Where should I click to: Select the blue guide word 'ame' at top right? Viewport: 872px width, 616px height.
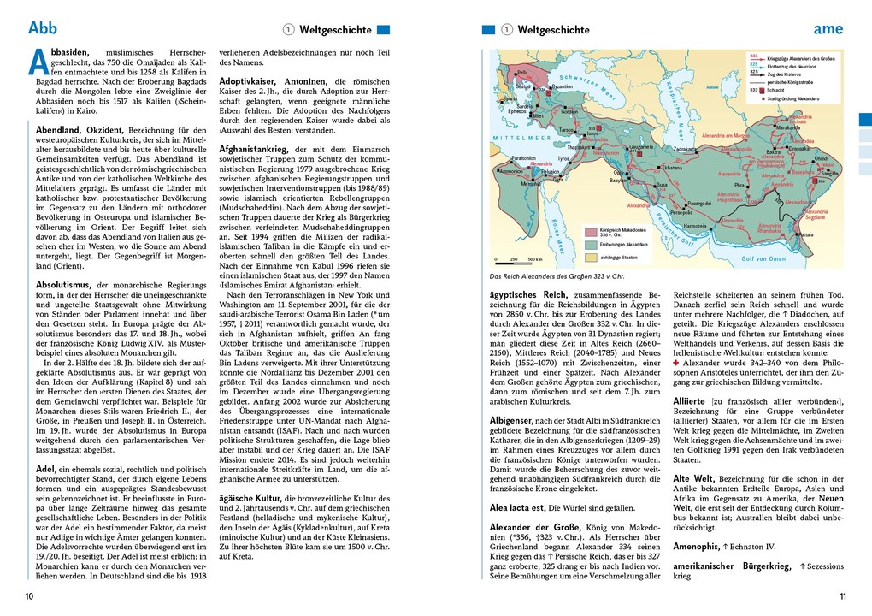(827, 28)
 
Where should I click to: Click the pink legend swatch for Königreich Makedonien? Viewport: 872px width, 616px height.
(591, 231)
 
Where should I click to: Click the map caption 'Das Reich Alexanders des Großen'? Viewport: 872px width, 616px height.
(557, 276)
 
